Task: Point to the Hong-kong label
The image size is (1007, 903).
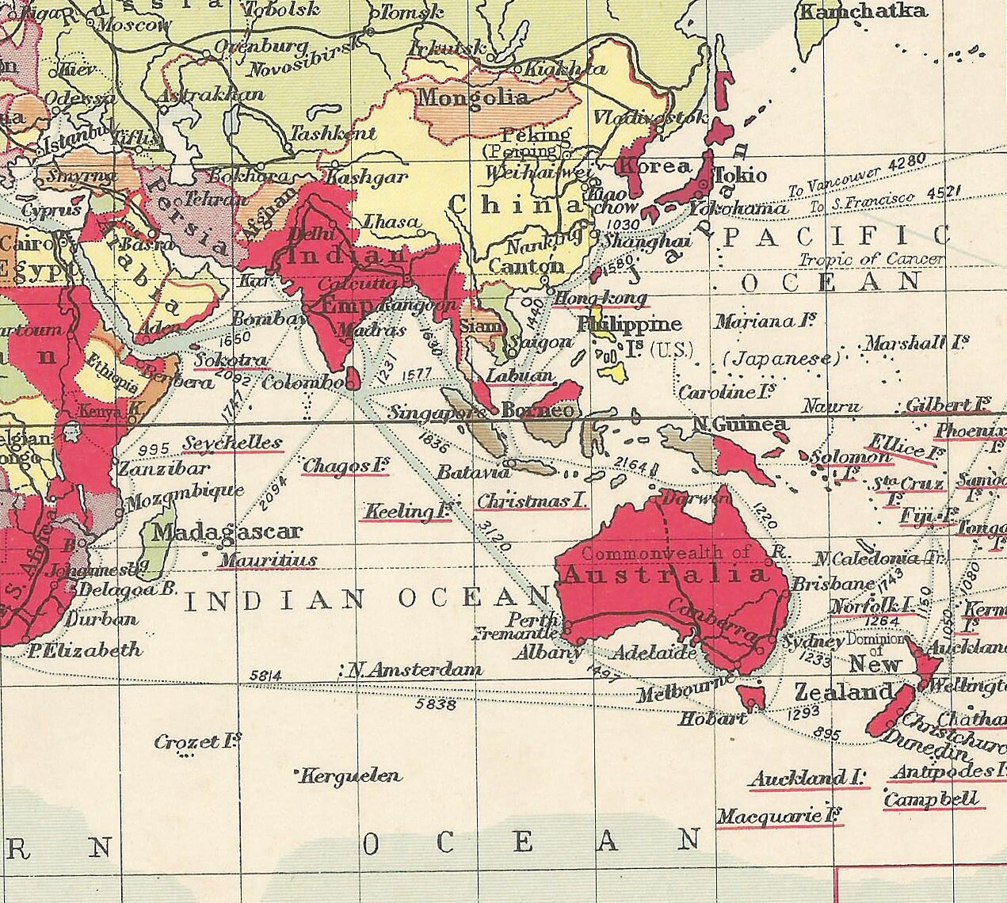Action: point(601,299)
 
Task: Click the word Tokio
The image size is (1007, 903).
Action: point(741,175)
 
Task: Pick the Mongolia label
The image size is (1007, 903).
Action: point(473,98)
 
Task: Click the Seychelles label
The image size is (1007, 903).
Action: point(233,443)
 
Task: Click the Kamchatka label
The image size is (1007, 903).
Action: point(863,11)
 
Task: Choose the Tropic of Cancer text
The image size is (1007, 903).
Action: point(871,259)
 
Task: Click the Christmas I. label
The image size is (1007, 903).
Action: point(532,501)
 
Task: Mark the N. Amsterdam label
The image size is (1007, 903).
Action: point(414,670)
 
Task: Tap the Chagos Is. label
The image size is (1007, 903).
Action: point(345,467)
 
